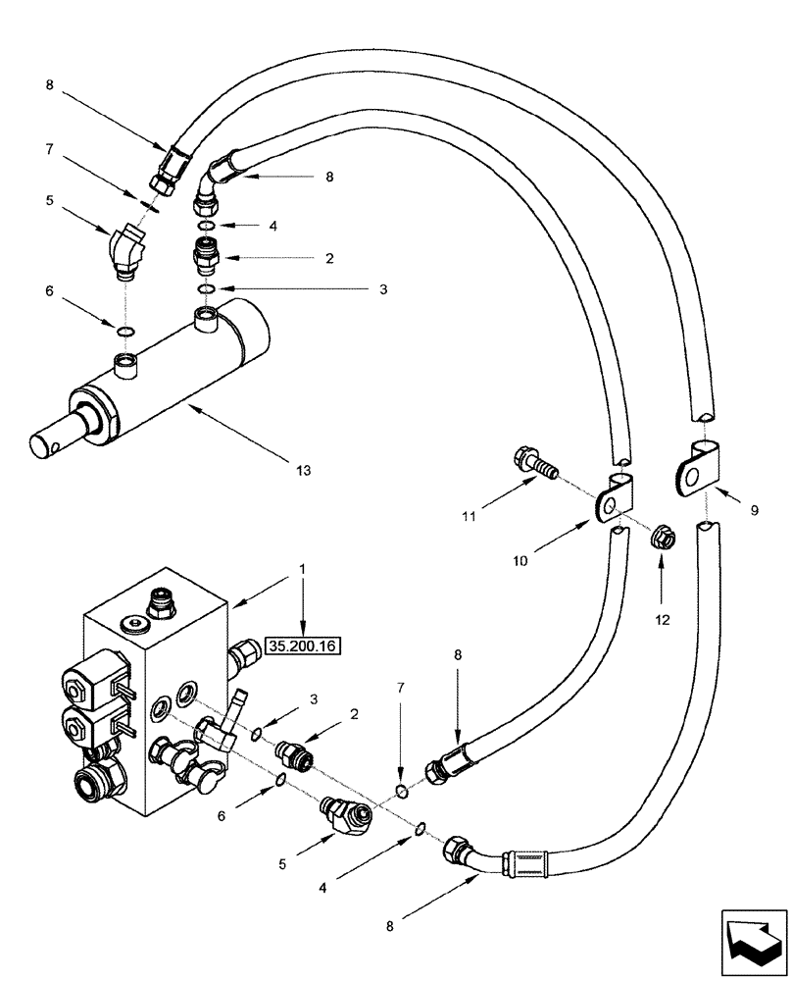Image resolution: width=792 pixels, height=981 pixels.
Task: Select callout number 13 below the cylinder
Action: click(303, 471)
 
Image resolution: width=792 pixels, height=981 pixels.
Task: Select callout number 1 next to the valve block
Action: click(303, 568)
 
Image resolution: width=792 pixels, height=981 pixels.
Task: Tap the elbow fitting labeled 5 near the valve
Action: click(345, 814)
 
